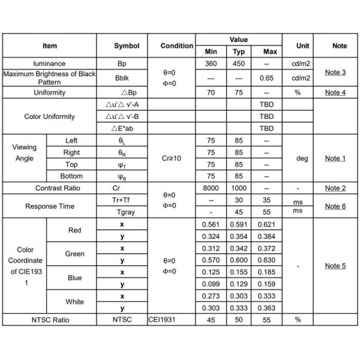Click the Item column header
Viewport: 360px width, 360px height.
coord(50,46)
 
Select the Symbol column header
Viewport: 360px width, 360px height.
coord(127,46)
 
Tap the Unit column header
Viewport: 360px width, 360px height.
coord(302,46)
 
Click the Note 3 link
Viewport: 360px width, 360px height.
coord(335,73)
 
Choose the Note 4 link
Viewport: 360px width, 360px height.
coord(335,93)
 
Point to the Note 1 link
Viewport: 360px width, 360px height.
coord(335,158)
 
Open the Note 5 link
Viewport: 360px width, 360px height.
coord(335,266)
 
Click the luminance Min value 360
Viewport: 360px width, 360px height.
coord(211,64)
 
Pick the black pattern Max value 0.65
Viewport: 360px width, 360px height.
coord(266,78)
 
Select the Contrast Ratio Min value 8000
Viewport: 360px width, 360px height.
coord(211,188)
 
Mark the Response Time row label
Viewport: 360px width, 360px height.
coord(50,206)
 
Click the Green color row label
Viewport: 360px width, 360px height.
coord(75,254)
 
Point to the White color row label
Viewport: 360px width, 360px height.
coord(75,302)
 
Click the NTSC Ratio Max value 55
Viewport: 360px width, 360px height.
coord(266,320)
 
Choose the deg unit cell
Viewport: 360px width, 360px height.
coord(302,158)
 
